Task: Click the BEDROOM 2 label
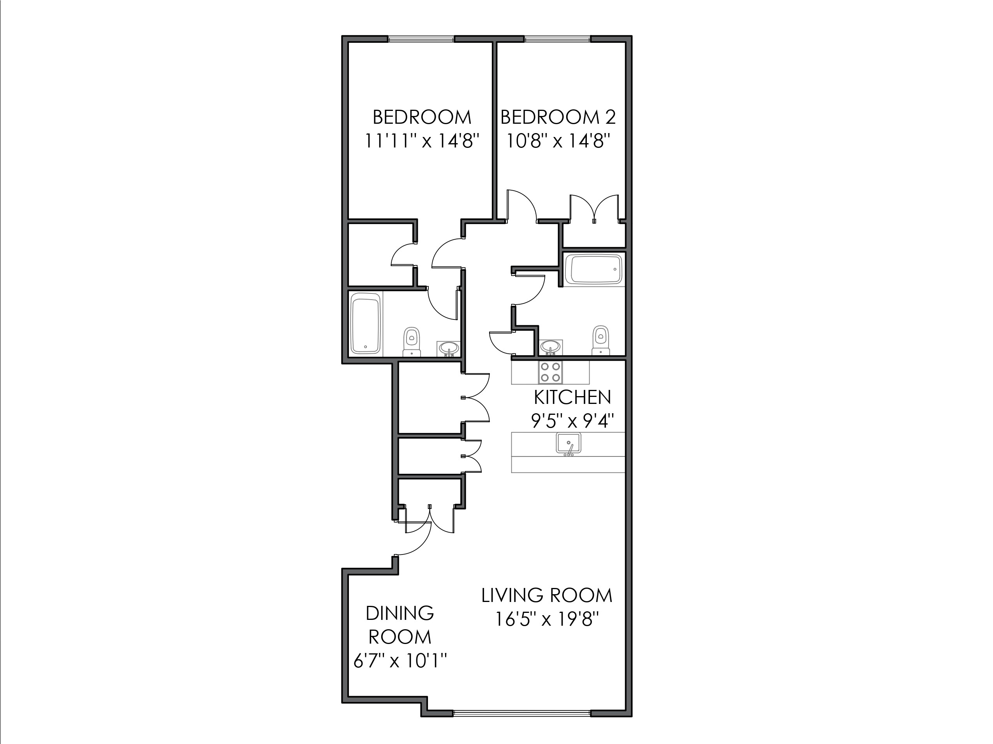[558, 118]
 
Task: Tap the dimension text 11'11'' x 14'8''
[422, 141]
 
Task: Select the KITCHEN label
[572, 397]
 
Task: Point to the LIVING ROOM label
[547, 596]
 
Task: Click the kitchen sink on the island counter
[569, 444]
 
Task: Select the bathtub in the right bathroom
[593, 270]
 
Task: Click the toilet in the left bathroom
[411, 342]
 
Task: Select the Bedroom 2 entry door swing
[522, 205]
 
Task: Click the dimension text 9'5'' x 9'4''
[572, 421]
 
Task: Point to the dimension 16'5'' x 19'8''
[547, 620]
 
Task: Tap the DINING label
[400, 613]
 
